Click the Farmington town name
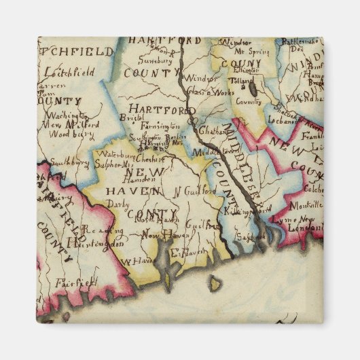click(x=161, y=126)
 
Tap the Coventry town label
click(x=248, y=101)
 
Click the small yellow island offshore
click(x=215, y=281)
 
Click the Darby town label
click(x=116, y=202)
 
